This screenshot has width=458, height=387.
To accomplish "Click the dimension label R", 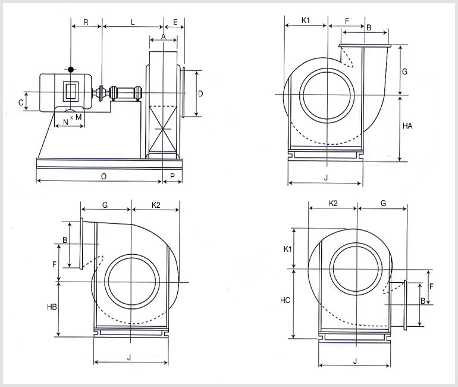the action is [86, 22].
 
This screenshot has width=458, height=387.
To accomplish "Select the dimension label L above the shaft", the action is [133, 23].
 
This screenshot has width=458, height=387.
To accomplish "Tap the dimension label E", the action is [175, 23].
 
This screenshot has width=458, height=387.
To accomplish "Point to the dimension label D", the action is [200, 94].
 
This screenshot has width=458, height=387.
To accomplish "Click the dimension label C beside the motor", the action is [21, 102].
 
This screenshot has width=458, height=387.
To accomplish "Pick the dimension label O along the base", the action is [103, 177].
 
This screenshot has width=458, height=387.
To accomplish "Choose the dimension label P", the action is [172, 176].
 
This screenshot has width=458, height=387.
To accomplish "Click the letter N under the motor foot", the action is [65, 122].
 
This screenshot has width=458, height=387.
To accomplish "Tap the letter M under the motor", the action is [79, 117].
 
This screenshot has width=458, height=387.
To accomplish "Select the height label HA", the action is [407, 126].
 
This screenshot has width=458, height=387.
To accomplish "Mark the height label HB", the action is [52, 307].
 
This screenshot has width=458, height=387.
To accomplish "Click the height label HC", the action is [285, 301].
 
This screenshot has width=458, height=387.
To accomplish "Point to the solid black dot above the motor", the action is [71, 70].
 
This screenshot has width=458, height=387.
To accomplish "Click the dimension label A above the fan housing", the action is [164, 36].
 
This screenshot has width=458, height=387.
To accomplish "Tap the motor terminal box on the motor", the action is [71, 91].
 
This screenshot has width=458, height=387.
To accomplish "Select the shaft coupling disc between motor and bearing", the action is [101, 93].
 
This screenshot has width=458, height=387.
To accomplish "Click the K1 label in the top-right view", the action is [305, 20].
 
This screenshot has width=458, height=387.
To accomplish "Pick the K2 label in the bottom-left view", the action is [156, 205].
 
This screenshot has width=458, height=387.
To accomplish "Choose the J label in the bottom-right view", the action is [355, 361].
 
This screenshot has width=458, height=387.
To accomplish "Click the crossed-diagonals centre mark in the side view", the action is [163, 129].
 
